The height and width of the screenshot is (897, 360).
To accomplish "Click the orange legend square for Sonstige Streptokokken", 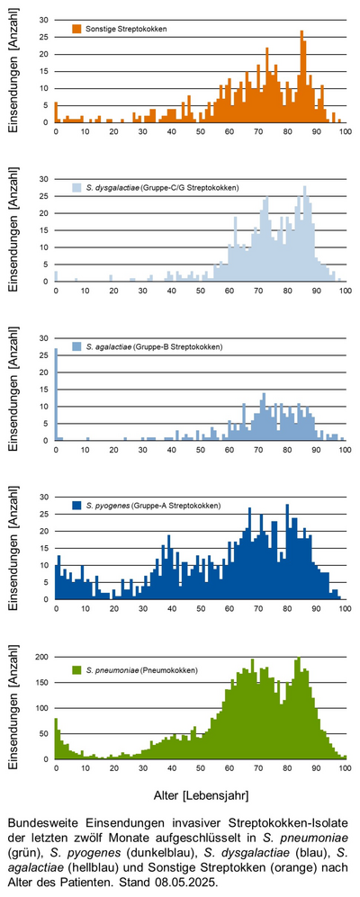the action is tap(76, 28).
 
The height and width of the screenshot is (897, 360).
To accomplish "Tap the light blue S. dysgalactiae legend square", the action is tap(76, 187).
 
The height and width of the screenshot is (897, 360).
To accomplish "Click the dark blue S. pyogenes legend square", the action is tap(76, 506).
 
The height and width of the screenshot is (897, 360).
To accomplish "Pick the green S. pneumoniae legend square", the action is tap(76, 668).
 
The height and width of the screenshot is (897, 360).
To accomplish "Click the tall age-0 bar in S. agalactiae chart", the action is tap(56, 394).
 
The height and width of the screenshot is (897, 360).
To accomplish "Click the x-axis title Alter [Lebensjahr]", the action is tap(201, 795).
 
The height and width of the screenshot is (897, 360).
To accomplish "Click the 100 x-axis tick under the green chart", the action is tap(345, 768).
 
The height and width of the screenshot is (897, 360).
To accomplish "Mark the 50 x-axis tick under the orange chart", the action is tap(201, 131).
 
